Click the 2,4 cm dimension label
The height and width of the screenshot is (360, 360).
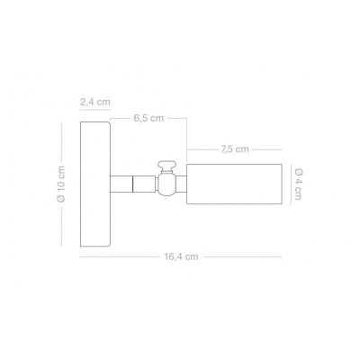[x=95, y=102]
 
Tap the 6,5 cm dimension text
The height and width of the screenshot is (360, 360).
[x=148, y=118]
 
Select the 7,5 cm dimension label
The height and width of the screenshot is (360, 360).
[x=235, y=149]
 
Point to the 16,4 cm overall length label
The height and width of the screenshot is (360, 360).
[x=181, y=256]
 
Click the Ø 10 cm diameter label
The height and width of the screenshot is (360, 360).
[x=61, y=184]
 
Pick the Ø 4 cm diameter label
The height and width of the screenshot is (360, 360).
[x=298, y=184]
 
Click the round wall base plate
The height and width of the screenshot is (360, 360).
[x=95, y=184]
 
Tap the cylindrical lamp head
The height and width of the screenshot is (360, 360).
[x=234, y=184]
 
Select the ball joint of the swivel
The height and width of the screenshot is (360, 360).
[x=166, y=184]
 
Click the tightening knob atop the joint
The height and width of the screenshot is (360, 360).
[x=166, y=166]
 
